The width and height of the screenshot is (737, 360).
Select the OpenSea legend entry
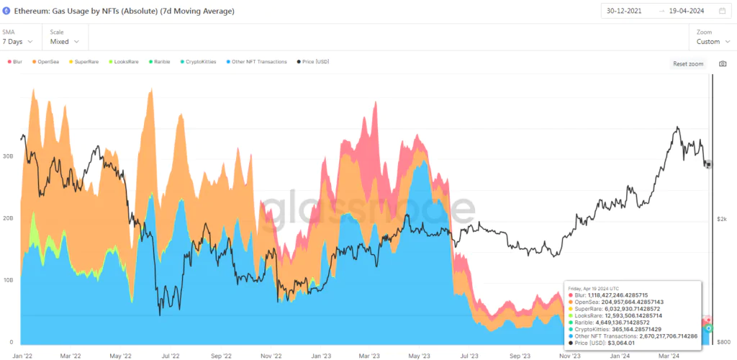click(x=46, y=62)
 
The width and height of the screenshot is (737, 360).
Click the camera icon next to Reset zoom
click(x=722, y=63)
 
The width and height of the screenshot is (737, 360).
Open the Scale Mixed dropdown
click(x=65, y=41)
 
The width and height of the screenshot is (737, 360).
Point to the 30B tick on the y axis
click(x=9, y=156)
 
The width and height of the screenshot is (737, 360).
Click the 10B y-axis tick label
click(x=9, y=279)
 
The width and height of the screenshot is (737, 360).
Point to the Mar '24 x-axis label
click(x=669, y=355)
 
